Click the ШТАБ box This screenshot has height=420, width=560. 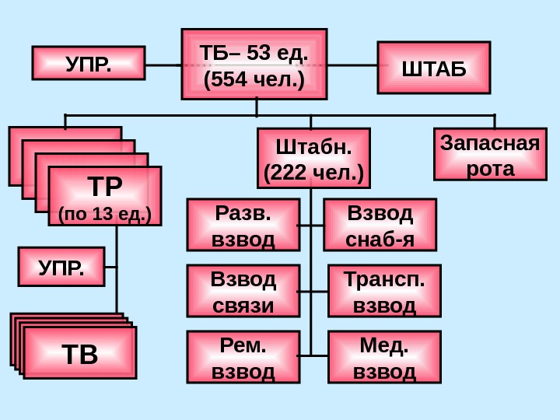click(434, 67)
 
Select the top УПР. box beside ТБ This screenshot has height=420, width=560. click(88, 63)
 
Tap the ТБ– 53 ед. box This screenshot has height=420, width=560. click(254, 65)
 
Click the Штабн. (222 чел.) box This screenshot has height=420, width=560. click(313, 159)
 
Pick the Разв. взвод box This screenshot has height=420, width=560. click(243, 225)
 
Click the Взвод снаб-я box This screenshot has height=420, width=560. click(380, 225)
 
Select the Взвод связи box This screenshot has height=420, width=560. click(243, 291)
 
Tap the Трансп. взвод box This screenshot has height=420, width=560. click(384, 291)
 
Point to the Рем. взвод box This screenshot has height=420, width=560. click(243, 357)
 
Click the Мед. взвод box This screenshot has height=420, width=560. click(384, 357)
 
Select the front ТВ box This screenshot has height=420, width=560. click(80, 353)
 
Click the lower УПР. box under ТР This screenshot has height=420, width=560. click(61, 267)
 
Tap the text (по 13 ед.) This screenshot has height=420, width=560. click(105, 212)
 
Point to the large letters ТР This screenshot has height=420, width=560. click(105, 187)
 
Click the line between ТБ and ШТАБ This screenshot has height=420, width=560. click(352, 65)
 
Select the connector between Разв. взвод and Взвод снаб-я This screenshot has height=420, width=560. click(311, 226)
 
